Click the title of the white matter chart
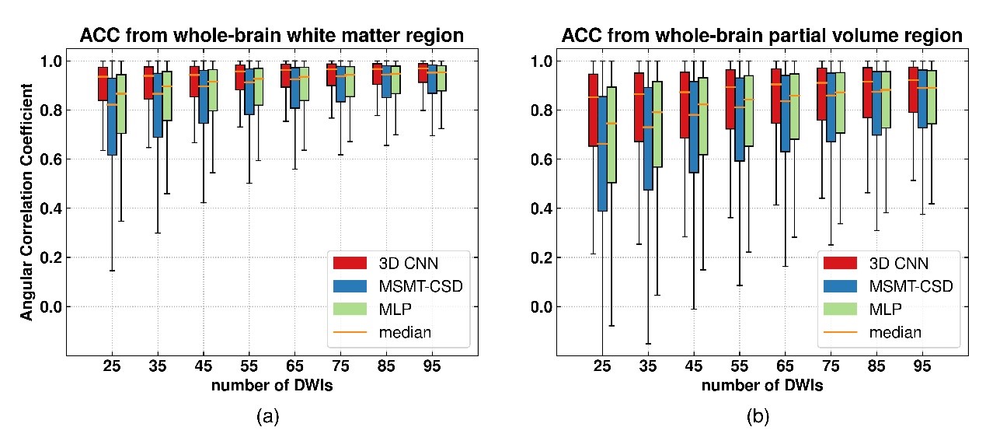[272, 35]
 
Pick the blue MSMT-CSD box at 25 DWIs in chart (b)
[602, 143]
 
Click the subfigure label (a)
[267, 417]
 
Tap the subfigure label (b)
[758, 417]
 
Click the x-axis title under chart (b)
[761, 385]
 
